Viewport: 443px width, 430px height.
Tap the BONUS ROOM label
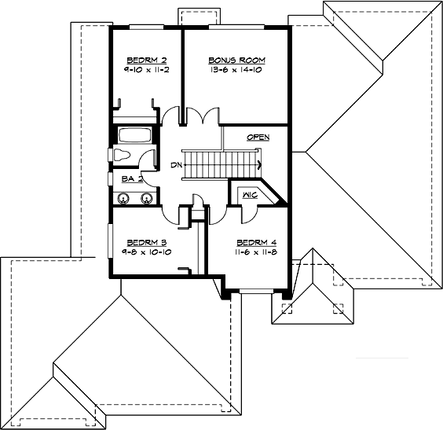[236, 60]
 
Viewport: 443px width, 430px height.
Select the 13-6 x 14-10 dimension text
[236, 69]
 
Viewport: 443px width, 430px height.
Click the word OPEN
[258, 138]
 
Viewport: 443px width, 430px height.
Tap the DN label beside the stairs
[175, 165]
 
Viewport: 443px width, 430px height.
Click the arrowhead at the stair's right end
[259, 164]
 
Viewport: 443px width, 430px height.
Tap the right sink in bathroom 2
[145, 197]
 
